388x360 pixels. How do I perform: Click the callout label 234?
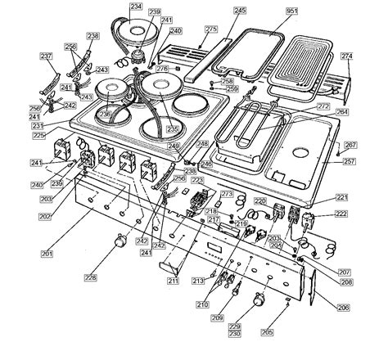tap(136, 7)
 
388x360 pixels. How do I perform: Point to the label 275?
tap(211, 29)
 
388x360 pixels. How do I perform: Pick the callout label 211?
tap(174, 281)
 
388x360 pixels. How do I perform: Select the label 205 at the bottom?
tap(290, 333)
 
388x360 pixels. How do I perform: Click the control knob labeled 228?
tap(121, 240)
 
